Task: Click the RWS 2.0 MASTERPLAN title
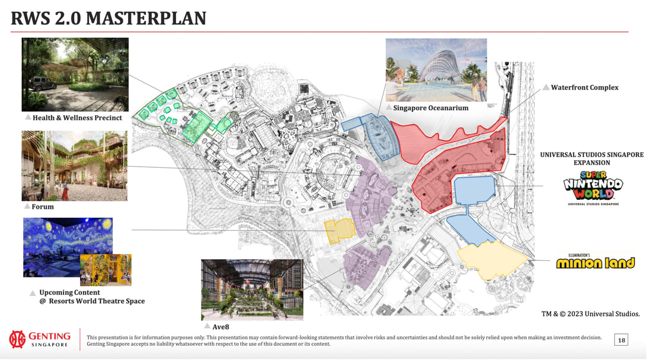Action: click(x=108, y=18)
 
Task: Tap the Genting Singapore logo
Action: click(x=40, y=339)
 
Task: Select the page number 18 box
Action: click(x=621, y=340)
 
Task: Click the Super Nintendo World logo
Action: click(x=593, y=188)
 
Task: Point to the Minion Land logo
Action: click(x=596, y=262)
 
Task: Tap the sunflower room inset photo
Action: click(x=106, y=270)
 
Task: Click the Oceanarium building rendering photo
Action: click(x=436, y=70)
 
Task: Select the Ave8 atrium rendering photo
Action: click(x=252, y=289)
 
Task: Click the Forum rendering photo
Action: click(x=75, y=165)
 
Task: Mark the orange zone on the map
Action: click(x=339, y=231)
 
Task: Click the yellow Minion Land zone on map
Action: click(x=493, y=260)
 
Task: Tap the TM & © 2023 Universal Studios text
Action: click(x=590, y=314)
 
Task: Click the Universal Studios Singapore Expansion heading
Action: click(x=592, y=158)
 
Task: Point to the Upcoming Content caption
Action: click(x=92, y=297)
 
